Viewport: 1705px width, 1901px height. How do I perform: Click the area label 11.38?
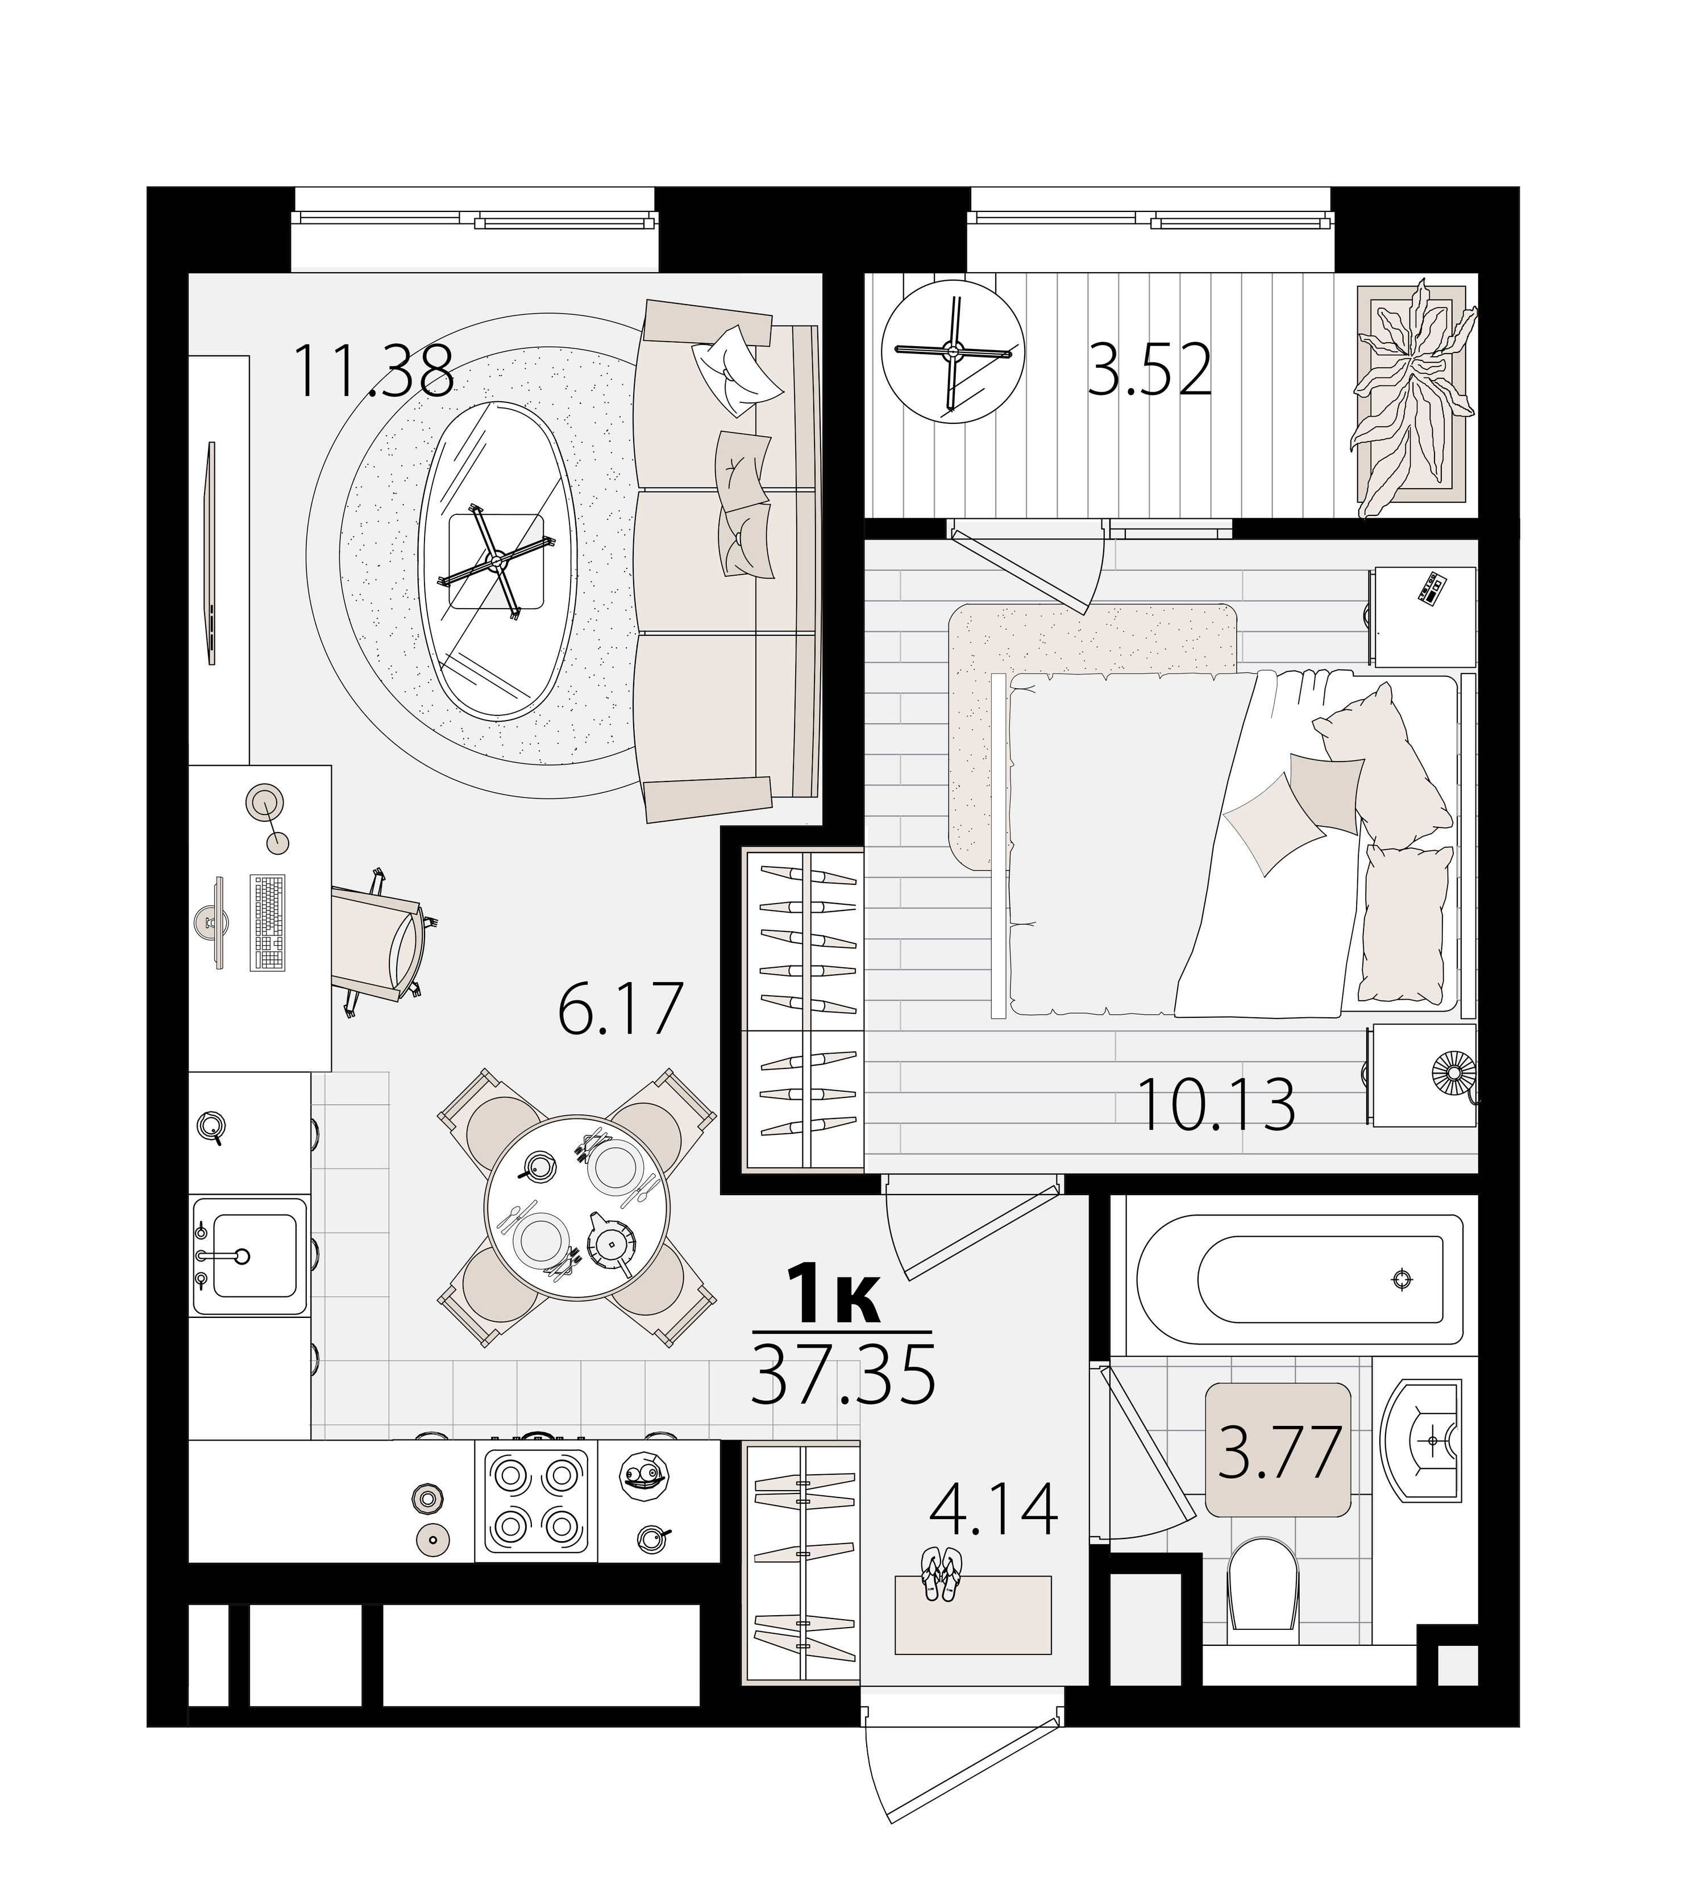(374, 371)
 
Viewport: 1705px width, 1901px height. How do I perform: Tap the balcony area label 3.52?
(1150, 371)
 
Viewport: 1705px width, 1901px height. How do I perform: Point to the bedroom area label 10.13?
(1216, 1105)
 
